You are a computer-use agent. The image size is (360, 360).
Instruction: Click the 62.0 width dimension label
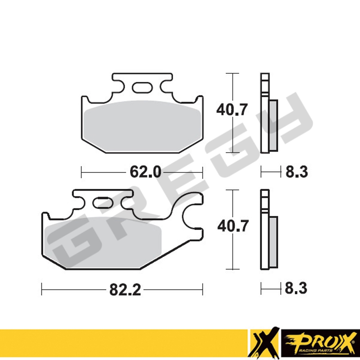(145, 172)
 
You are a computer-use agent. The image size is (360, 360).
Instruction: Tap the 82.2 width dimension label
(125, 289)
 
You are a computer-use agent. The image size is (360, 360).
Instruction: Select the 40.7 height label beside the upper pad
(232, 110)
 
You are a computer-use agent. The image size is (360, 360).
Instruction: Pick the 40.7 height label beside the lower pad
(233, 226)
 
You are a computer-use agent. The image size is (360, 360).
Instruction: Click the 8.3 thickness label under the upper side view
(297, 172)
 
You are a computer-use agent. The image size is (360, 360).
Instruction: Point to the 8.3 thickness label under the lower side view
(296, 288)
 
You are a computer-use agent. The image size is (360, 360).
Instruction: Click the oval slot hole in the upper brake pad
(142, 87)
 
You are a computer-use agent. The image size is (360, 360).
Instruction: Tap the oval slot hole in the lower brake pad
(103, 202)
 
